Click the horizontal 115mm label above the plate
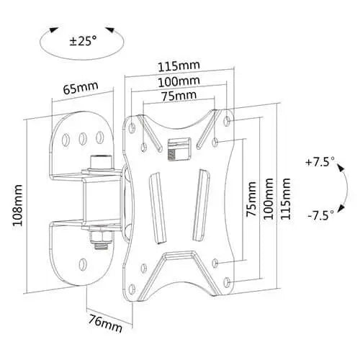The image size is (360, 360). [180, 66]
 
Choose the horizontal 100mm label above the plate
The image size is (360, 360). [179, 81]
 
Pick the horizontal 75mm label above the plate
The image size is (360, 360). [178, 96]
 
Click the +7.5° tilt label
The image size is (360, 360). [320, 163]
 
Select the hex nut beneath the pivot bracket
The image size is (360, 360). [98, 236]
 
